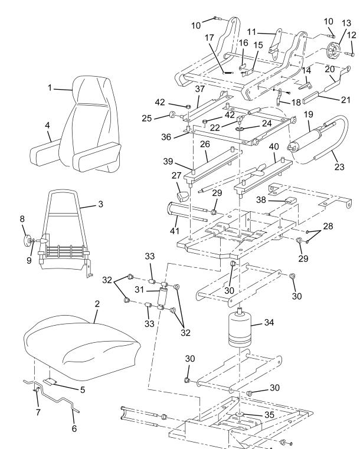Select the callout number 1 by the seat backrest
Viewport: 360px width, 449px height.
coord(51,89)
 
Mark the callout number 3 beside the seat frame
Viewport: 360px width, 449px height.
coord(102,207)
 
